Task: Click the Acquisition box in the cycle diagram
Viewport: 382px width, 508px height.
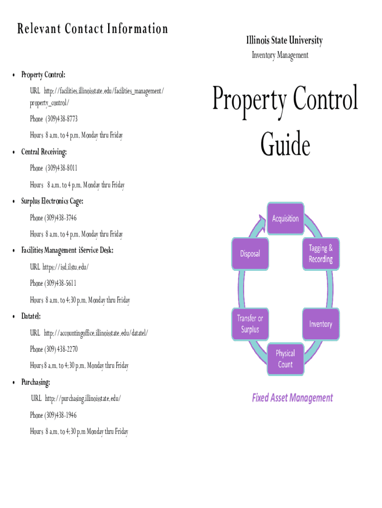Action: (x=285, y=218)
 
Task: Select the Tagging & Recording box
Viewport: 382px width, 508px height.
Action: (x=320, y=254)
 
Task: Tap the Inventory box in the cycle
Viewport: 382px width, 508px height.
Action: (x=320, y=324)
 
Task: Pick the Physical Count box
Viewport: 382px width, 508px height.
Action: (x=285, y=359)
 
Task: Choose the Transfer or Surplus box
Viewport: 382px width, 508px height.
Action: (x=250, y=324)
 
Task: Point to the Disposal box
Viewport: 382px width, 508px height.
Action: (x=250, y=254)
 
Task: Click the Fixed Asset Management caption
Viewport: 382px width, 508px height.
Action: (x=292, y=398)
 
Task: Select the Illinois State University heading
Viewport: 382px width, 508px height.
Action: (x=284, y=40)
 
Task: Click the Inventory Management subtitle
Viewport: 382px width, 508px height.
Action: (x=280, y=55)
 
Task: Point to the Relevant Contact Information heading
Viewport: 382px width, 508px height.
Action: (x=93, y=29)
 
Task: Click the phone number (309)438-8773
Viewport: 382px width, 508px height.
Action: (x=62, y=119)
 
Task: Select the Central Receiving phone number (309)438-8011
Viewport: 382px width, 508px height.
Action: (x=62, y=168)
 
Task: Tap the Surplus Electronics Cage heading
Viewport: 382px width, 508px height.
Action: (x=52, y=201)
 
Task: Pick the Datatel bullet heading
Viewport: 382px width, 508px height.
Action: (x=31, y=316)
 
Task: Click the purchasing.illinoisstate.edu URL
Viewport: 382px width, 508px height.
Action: (x=82, y=398)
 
